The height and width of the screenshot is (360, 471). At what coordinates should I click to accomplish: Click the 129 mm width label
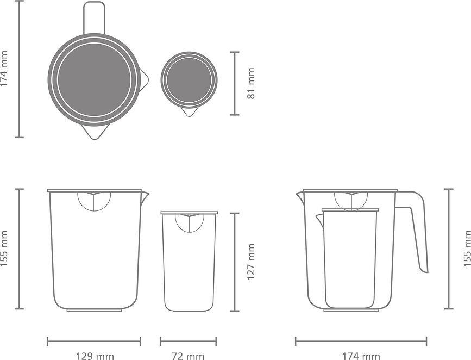click(x=94, y=356)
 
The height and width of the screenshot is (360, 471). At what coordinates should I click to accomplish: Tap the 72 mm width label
click(x=188, y=356)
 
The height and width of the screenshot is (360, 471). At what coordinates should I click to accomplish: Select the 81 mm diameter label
click(x=250, y=83)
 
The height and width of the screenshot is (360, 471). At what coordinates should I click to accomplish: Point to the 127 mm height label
click(x=250, y=262)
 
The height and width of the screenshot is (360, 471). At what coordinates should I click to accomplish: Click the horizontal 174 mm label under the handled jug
click(x=361, y=356)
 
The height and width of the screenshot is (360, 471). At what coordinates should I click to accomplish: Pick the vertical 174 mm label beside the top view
click(x=5, y=69)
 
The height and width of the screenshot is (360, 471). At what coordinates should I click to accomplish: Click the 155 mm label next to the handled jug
click(x=467, y=249)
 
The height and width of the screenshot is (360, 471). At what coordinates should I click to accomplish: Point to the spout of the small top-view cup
click(x=189, y=111)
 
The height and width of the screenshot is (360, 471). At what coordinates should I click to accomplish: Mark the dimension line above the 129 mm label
click(x=94, y=342)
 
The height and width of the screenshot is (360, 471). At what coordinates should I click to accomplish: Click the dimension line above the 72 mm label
click(x=188, y=342)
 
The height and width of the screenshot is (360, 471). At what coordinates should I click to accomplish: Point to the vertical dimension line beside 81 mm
click(x=235, y=83)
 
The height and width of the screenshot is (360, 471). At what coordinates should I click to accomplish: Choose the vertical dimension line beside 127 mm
click(x=235, y=262)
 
